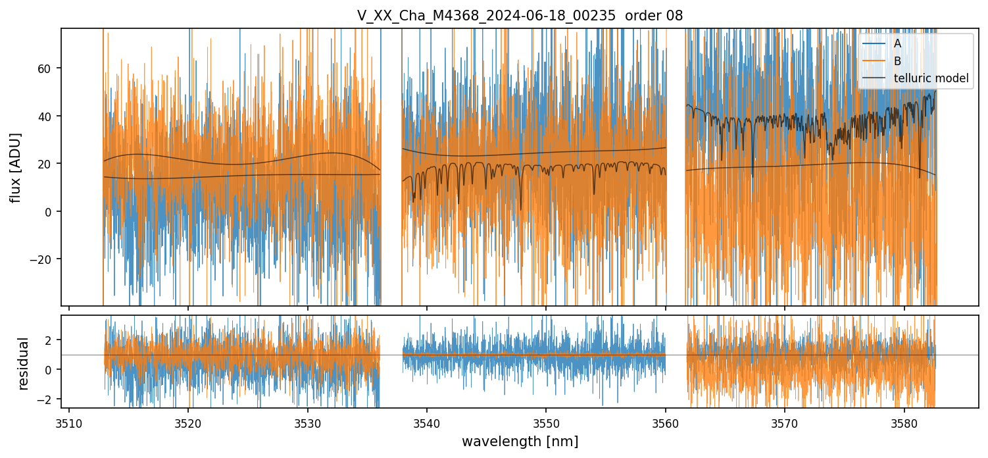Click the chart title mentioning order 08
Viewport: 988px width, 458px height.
520,16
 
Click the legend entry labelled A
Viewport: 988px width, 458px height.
897,44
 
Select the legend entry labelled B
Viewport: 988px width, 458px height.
897,61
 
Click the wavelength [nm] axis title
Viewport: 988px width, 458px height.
520,442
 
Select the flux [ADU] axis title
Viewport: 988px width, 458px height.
16,167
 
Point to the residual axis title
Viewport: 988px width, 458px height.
24,363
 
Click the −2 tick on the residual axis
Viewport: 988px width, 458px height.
49,399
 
